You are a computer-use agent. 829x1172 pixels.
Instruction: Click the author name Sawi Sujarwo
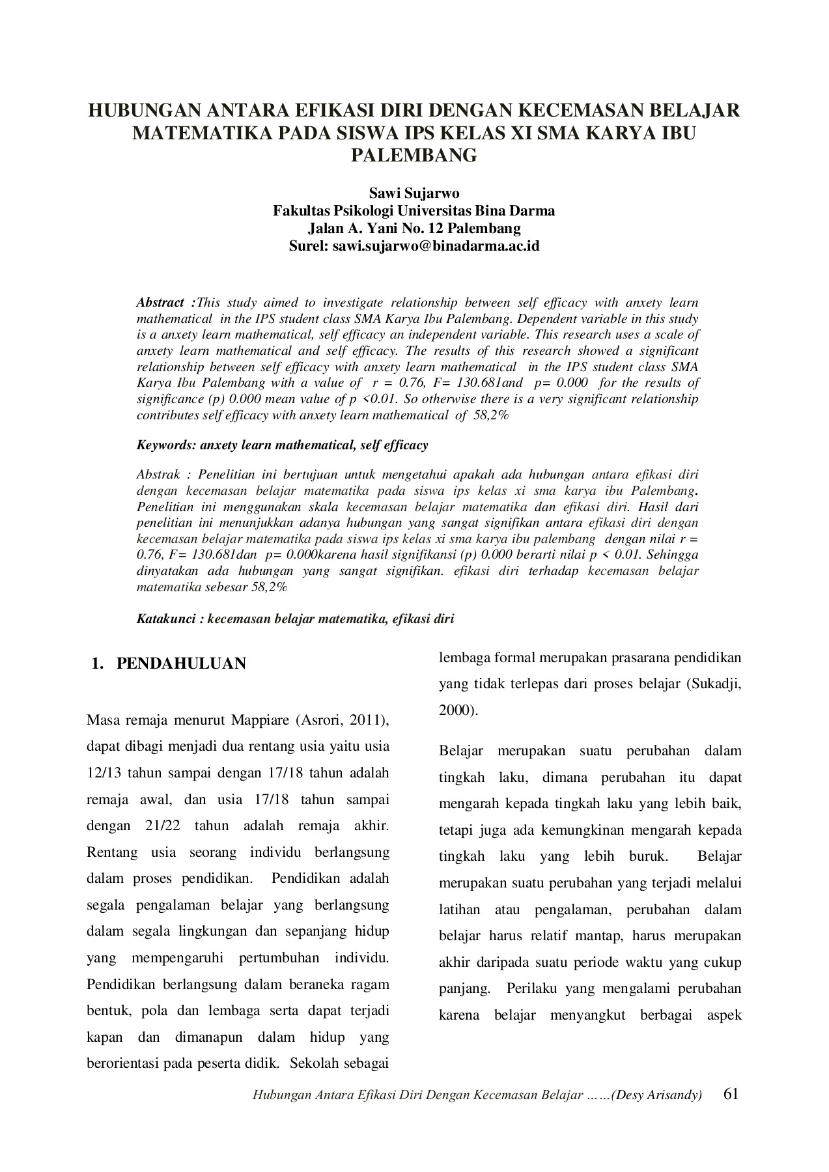414,193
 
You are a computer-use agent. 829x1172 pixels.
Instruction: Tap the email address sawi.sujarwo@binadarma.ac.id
436,246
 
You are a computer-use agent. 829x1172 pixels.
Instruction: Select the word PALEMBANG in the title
414,156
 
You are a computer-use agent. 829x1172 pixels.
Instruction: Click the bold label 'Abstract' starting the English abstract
160,303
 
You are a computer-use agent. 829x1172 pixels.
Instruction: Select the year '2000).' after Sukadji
458,710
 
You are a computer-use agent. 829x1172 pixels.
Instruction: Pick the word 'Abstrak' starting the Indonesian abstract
158,475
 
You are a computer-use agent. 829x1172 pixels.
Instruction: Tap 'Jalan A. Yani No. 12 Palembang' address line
414,229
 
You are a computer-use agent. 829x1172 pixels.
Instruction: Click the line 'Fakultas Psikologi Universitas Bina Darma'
414,211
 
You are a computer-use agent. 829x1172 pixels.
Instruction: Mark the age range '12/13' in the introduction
104,773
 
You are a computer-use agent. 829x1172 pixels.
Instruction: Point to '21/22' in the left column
156,826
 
